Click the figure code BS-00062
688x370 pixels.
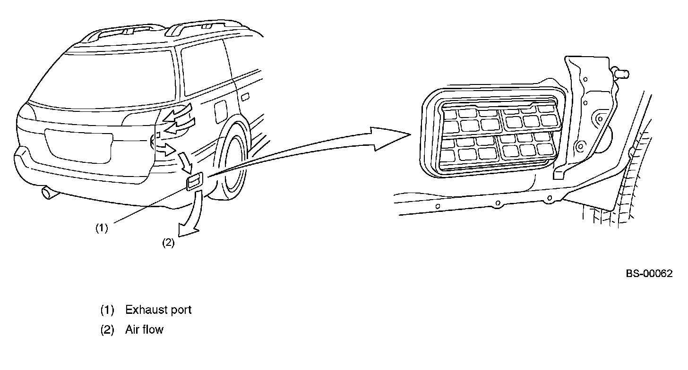coord(649,274)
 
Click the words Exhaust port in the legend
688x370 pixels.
coord(158,310)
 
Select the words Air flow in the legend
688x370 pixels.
coord(144,329)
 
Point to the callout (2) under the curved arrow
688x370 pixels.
coord(168,243)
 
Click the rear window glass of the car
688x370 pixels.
coord(109,76)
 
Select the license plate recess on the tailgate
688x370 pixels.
coord(79,145)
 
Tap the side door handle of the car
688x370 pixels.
coord(245,97)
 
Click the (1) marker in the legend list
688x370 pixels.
coord(107,310)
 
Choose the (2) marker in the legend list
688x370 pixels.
coord(107,329)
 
